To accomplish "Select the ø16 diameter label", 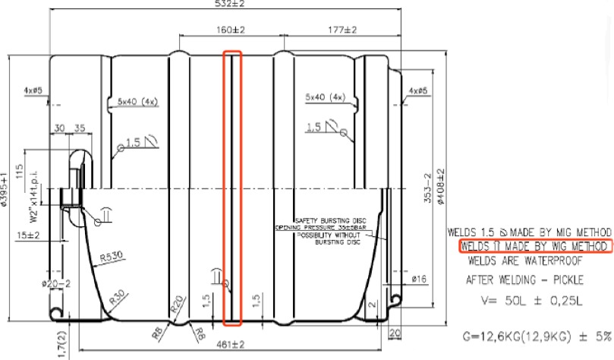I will pos(418,279).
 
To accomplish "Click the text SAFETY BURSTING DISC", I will pos(327,220).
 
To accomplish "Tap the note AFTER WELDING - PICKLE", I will pos(521,279).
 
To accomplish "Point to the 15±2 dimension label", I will pos(28,235).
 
